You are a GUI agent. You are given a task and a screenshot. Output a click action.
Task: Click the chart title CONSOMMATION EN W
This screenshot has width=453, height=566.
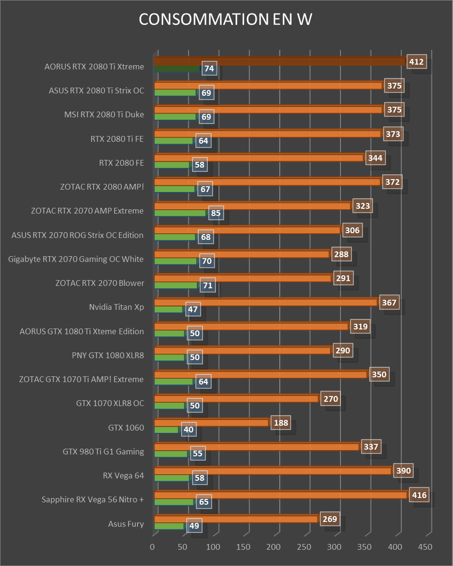[x=226, y=19]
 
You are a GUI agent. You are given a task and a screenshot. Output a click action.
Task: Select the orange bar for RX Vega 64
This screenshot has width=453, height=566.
[x=272, y=471]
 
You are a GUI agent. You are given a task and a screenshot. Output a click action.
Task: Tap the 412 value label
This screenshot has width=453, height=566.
[x=416, y=62]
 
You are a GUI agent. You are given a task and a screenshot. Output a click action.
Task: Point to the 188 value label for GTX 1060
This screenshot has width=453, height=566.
[x=280, y=423]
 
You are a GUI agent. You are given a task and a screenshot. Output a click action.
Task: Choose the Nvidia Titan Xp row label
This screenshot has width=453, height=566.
[x=116, y=307]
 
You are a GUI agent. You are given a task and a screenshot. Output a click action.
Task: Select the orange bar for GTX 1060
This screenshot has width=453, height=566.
[x=211, y=423]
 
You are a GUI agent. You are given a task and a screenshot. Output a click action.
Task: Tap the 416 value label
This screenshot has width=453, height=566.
[x=419, y=495]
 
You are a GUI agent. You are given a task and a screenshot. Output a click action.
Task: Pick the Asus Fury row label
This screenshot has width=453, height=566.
[x=126, y=524]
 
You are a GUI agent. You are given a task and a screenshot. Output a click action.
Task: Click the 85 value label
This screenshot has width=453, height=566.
[x=217, y=213]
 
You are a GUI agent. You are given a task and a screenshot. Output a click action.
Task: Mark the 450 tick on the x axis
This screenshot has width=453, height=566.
[x=425, y=546]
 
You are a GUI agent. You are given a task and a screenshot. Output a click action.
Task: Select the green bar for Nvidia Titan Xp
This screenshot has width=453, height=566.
[x=169, y=309]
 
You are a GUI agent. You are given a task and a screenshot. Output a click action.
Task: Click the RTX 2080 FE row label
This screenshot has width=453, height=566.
[x=122, y=163]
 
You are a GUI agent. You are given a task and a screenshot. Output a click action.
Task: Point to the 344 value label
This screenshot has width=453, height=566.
[x=375, y=158]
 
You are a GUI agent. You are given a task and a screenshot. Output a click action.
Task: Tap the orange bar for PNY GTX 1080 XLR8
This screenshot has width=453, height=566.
[x=242, y=351]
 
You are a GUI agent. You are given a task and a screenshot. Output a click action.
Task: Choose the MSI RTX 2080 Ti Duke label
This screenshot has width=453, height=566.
[x=104, y=115]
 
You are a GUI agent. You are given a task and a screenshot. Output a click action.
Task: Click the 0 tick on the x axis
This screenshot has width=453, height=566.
[x=153, y=546]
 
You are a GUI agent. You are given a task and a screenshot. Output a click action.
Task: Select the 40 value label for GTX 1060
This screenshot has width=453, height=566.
[x=189, y=430]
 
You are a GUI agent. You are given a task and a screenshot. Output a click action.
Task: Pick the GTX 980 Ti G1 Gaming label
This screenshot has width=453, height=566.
[x=103, y=451]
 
